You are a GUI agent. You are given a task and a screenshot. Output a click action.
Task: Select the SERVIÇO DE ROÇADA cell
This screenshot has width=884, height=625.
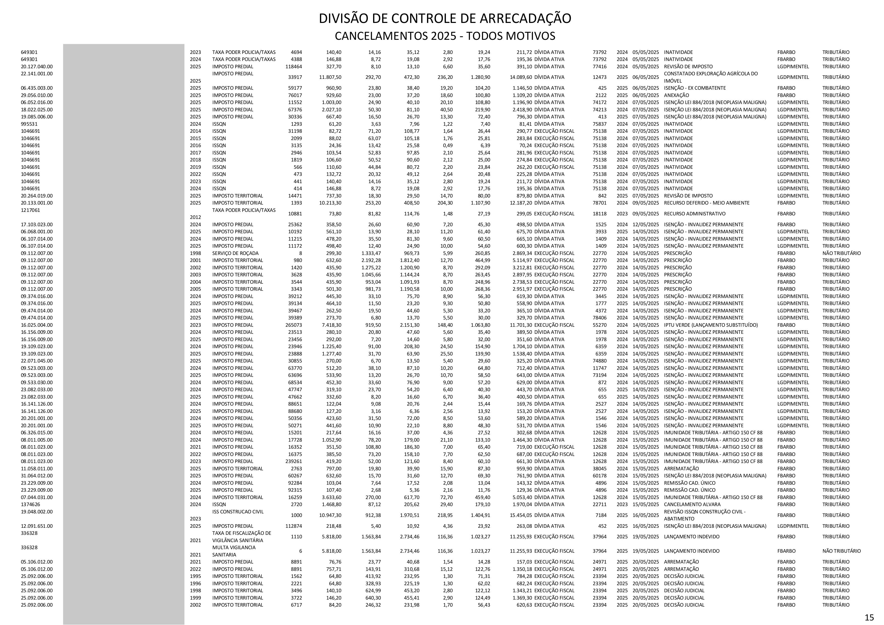click(x=235, y=253)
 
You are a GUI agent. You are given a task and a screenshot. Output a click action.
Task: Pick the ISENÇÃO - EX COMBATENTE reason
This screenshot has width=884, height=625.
click(x=695, y=88)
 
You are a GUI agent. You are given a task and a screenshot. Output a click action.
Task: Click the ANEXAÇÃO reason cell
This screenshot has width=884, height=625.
click(x=676, y=95)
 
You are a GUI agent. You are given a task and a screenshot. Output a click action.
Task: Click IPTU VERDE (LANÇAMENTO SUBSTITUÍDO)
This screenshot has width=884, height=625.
click(x=711, y=325)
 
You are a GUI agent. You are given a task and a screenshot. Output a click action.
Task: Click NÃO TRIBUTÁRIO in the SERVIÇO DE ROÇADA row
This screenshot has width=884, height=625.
click(x=841, y=253)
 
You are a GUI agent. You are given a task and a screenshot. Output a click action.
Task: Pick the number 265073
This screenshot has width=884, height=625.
click(x=294, y=325)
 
